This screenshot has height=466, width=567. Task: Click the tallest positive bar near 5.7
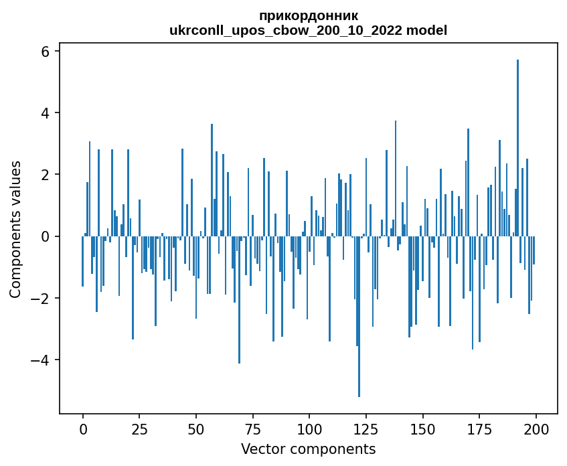(518, 147)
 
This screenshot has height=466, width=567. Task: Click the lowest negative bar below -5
(359, 317)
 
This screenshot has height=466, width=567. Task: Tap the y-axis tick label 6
(45, 52)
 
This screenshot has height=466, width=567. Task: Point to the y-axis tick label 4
(45, 113)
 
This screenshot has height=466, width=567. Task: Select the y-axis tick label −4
(39, 360)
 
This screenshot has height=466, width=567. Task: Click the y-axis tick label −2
(39, 298)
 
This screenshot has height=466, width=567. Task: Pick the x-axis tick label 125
(366, 429)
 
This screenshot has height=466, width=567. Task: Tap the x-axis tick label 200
(536, 429)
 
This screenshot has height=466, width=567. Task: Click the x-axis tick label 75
(253, 429)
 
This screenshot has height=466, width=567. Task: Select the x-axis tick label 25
(140, 429)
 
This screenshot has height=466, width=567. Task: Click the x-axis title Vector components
(309, 449)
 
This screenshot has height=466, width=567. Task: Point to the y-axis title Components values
(15, 230)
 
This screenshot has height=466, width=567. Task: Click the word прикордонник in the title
(309, 16)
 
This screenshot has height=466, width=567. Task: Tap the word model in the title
(426, 30)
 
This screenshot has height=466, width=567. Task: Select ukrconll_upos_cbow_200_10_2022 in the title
(286, 31)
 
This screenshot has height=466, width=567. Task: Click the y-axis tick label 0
(45, 236)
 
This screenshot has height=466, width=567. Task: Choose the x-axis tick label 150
(422, 429)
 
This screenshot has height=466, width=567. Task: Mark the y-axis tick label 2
(45, 175)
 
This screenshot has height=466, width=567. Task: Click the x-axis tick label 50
(196, 429)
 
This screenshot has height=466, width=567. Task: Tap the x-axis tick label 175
(479, 429)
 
